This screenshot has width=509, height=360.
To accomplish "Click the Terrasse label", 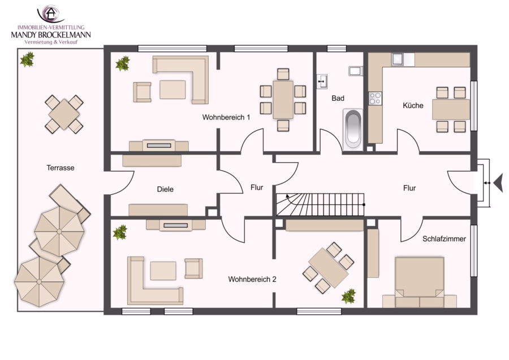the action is pyautogui.click(x=61, y=168).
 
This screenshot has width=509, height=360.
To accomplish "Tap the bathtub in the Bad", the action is pyautogui.click(x=353, y=130).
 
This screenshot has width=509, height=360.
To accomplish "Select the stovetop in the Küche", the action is pyautogui.click(x=375, y=98).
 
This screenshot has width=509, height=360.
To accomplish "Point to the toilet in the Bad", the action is pyautogui.click(x=356, y=71).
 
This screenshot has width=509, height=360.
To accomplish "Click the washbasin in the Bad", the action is pyautogui.click(x=322, y=82).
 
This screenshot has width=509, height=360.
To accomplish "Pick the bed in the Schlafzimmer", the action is pyautogui.click(x=420, y=282).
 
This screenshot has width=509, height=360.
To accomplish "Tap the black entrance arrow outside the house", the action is pyautogui.click(x=498, y=183).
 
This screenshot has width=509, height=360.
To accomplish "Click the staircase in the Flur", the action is pyautogui.click(x=320, y=204).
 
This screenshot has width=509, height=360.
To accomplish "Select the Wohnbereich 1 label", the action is pyautogui.click(x=226, y=117).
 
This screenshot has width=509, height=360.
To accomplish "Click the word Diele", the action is pyautogui.click(x=165, y=189).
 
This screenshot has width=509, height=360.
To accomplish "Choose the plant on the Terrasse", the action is pyautogui.click(x=27, y=59).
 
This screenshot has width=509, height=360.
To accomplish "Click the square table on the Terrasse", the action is pyautogui.click(x=64, y=114).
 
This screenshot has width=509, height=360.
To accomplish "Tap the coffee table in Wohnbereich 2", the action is pyautogui.click(x=163, y=271).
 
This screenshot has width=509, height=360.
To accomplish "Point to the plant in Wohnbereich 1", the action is pyautogui.click(x=123, y=63).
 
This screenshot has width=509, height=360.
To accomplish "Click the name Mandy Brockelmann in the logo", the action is pyautogui.click(x=51, y=35).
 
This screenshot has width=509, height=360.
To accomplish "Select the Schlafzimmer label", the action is pyautogui.click(x=444, y=239).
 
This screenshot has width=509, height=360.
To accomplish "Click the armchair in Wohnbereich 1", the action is pyautogui.click(x=142, y=92).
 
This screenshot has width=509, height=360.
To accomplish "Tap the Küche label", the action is pyautogui.click(x=413, y=105).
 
